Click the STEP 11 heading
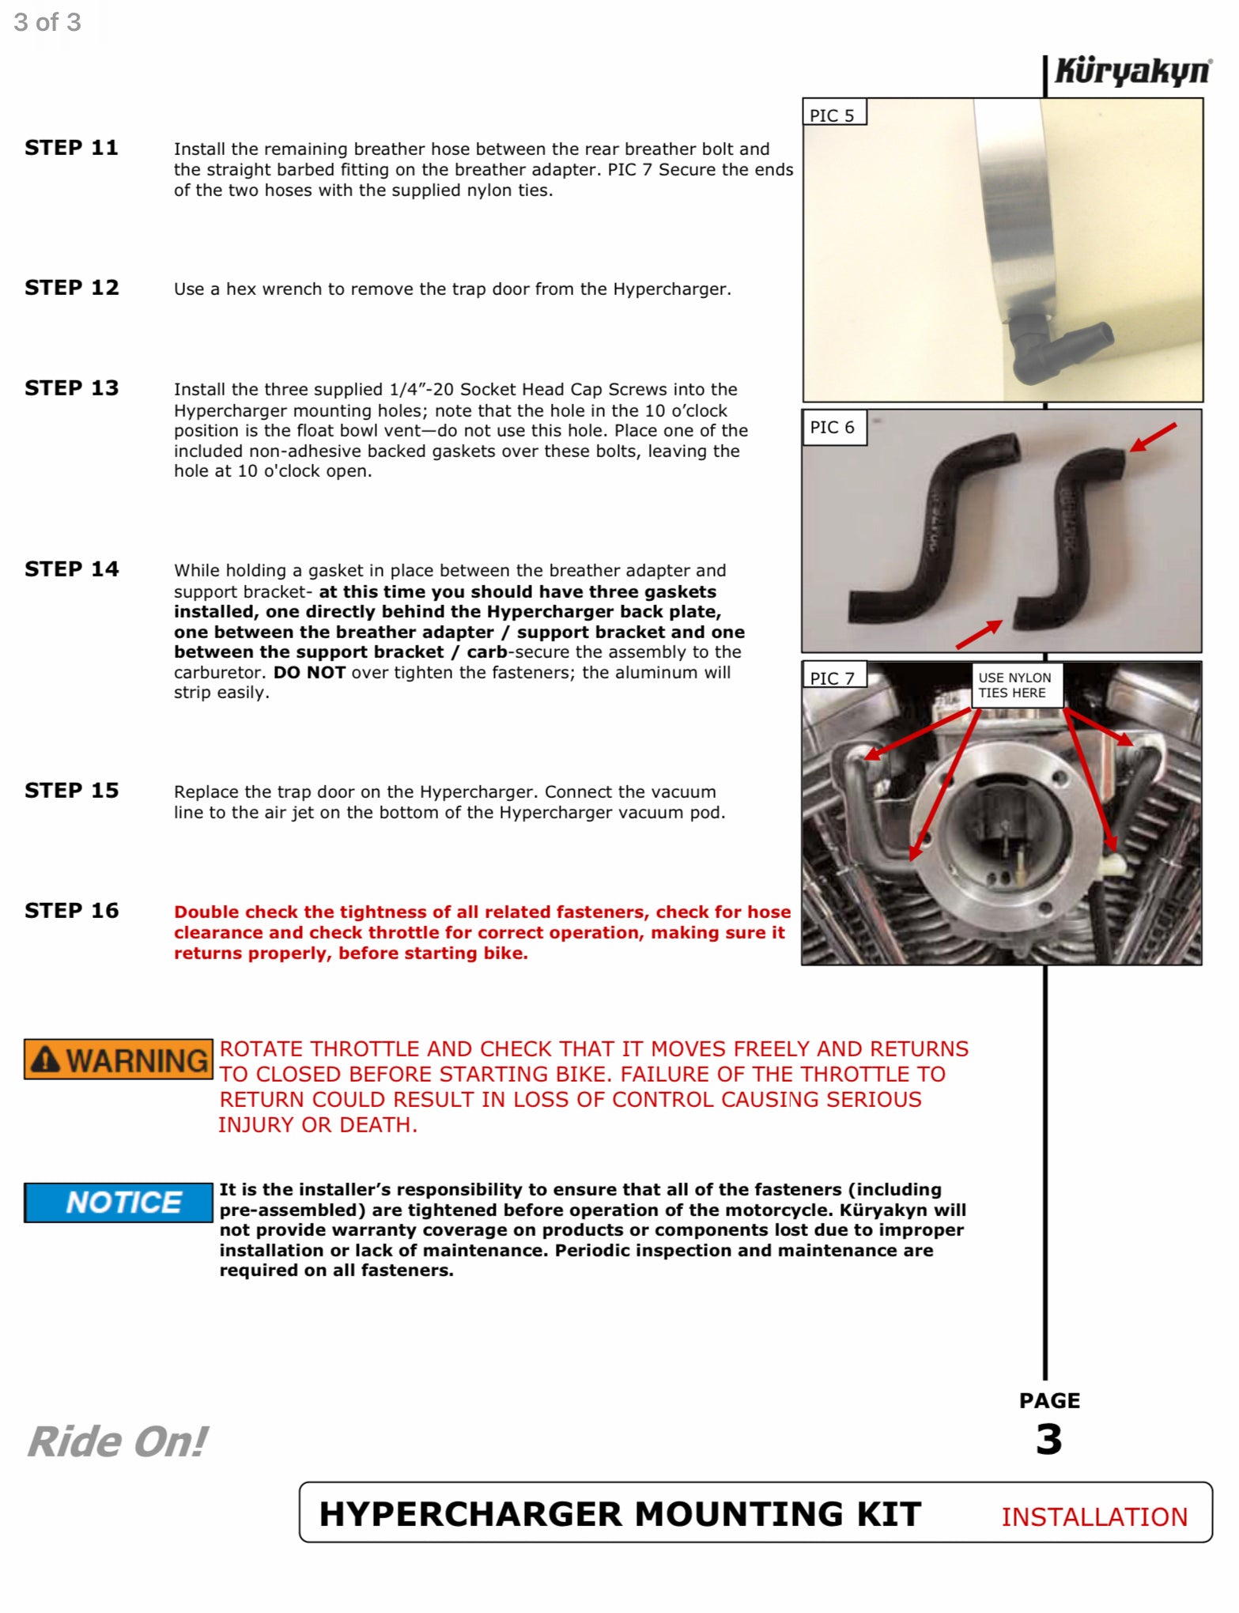(71, 148)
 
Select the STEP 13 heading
(71, 388)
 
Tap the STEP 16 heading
(71, 911)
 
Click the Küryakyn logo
(1132, 72)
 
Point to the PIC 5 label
(833, 115)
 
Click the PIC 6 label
(833, 428)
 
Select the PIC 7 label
(833, 678)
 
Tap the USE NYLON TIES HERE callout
(1014, 686)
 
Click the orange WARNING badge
(119, 1060)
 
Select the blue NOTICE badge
(119, 1203)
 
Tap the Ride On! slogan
(117, 1441)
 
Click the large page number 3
(1048, 1439)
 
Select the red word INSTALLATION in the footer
(1094, 1517)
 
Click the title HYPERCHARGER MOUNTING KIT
(620, 1514)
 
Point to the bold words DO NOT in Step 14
(309, 673)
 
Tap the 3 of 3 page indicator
(47, 22)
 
